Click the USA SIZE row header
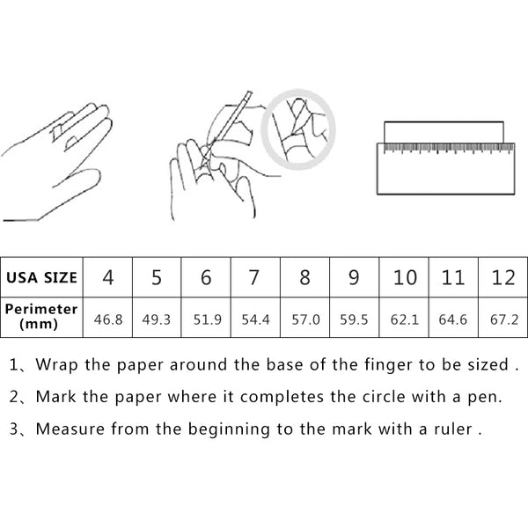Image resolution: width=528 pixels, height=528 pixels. [41, 277]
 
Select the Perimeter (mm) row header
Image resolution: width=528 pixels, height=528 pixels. [41, 317]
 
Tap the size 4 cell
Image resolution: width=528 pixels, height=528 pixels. [107, 277]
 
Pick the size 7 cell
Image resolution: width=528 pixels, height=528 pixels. [254, 277]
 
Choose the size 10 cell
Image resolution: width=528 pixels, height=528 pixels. [405, 277]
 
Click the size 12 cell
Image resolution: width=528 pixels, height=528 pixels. [503, 277]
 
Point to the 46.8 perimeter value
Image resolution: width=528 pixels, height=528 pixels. [108, 319]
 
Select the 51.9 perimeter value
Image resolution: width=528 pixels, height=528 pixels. [207, 319]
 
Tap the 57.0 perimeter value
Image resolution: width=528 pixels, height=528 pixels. [305, 319]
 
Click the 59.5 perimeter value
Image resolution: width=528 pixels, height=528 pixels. [354, 319]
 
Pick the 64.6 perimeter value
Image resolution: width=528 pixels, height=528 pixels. [453, 319]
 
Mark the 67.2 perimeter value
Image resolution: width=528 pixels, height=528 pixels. [504, 319]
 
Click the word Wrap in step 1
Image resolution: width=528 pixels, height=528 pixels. [56, 365]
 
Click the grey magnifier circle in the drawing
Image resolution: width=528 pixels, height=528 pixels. [298, 92]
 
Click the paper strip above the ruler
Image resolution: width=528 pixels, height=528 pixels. [444, 132]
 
